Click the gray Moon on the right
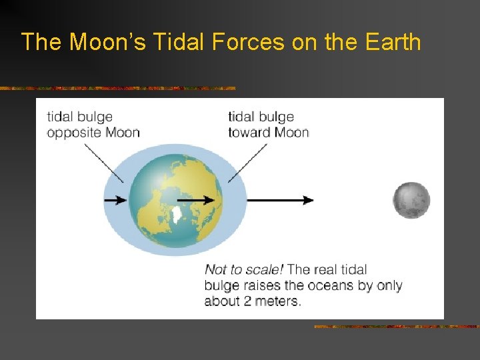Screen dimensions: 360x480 [411, 200]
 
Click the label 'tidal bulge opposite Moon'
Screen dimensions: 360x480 [93, 125]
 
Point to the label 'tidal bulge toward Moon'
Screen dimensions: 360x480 [268, 125]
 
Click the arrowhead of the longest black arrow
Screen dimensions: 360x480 [309, 200]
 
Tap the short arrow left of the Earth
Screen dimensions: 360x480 [115, 200]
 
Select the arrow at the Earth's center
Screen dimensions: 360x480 [196, 199]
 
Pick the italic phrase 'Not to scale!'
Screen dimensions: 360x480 [244, 270]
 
